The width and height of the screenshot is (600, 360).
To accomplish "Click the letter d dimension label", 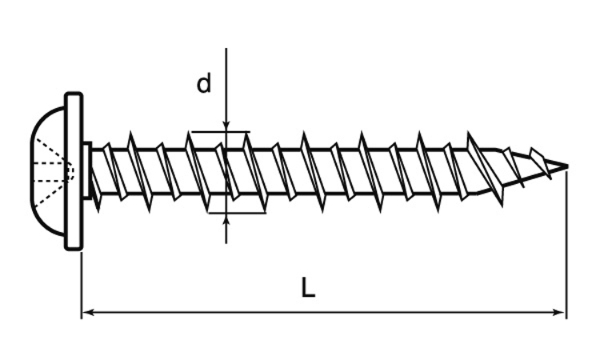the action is tap(203, 84).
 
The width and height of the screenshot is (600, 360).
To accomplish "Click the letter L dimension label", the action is tap(308, 288).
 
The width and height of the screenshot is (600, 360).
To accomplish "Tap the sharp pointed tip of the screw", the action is tap(567, 166).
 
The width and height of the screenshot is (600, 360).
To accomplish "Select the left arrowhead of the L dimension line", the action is tap(89, 313).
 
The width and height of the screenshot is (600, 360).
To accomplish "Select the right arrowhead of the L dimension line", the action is tap(559, 313).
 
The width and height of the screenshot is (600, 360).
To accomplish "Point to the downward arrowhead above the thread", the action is tap(226, 126).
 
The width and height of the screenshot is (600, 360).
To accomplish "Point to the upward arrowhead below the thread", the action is tap(226, 219).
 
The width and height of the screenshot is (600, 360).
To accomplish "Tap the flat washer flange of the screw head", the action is tap(74, 171).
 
